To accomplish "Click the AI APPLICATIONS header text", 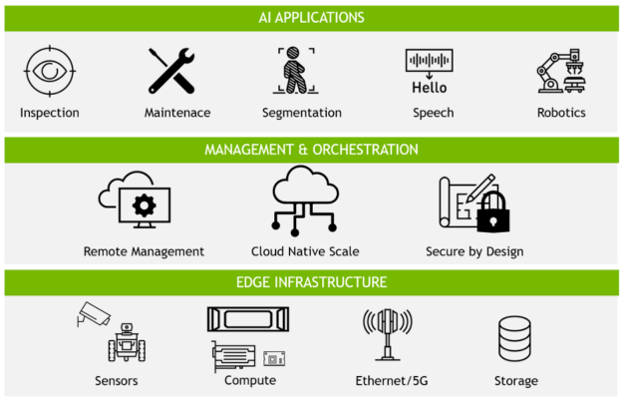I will pos(312,18).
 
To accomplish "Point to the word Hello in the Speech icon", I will pos(430,87).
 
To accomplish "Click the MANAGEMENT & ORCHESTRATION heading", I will pos(311,150).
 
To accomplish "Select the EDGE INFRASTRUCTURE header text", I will pos(311,282).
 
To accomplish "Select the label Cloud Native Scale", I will pos(305,252).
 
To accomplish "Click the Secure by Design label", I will pos(473,252).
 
